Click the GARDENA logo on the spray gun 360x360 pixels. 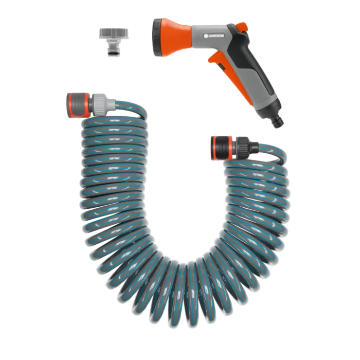[214, 35]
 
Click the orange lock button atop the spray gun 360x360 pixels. [242, 27]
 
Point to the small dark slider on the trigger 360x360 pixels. [222, 67]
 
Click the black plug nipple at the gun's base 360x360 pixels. [278, 121]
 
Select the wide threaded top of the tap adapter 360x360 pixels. [114, 33]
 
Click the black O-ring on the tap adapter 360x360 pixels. [112, 54]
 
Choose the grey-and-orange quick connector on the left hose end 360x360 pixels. [79, 105]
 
